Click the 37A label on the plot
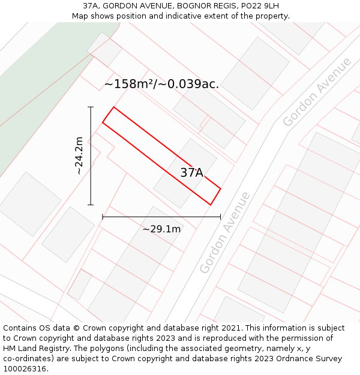tap(191, 173)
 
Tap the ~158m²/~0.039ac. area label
tap(161, 84)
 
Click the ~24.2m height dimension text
tap(79, 155)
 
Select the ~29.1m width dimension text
tap(161, 229)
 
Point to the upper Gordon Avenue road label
tap(317, 92)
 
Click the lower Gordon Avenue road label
tap(224, 233)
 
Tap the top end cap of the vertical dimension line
tap(91, 107)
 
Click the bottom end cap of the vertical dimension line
tap(91, 205)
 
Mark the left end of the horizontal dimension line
tap(103, 217)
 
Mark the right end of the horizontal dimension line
tap(220, 217)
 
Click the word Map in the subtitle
tap(80, 16)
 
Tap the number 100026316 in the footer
tap(24, 368)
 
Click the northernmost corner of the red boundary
tap(113, 107)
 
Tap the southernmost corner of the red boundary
tap(211, 205)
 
